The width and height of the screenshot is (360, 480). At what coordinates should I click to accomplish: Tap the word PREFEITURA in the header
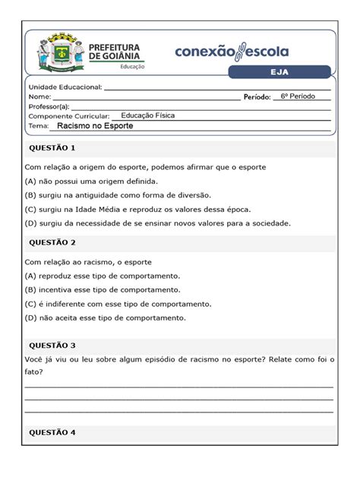point(115,46)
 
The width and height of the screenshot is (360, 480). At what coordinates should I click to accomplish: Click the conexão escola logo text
point(232,52)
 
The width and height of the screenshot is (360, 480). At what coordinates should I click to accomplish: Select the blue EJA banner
point(281,72)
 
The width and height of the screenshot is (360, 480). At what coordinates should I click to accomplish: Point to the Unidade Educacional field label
point(65,87)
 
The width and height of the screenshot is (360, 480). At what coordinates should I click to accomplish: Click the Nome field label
point(40,97)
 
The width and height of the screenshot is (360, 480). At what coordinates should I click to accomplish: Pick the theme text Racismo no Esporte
point(95,126)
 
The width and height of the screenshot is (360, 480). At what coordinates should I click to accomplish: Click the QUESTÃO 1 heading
point(52,147)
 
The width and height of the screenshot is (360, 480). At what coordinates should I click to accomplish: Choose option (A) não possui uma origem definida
point(91,182)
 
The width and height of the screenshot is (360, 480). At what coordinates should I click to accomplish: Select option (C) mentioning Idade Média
point(137,209)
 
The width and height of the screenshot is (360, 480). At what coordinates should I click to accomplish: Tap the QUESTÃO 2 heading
point(52,243)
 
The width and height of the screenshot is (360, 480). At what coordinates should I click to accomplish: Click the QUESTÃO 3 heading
point(52,345)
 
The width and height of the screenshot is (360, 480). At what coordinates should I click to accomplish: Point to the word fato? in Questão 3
point(34,372)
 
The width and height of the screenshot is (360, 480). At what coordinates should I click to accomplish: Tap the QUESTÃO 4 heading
point(52,433)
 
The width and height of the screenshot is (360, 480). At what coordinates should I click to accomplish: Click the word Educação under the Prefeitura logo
point(134,66)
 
